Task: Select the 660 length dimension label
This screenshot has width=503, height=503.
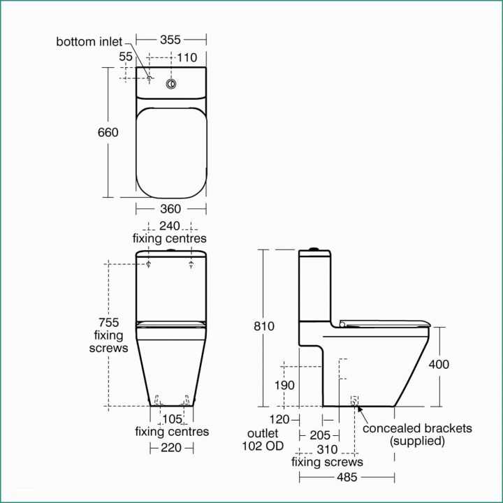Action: coord(108,132)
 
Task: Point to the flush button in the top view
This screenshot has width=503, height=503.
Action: coord(170,85)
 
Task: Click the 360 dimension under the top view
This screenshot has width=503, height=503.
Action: coord(170,208)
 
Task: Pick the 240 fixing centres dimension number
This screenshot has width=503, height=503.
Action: coord(170,226)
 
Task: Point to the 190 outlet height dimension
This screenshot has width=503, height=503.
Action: coord(284,385)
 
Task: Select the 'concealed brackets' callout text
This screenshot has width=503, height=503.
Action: coord(417,428)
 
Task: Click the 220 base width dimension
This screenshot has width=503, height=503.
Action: coord(172,448)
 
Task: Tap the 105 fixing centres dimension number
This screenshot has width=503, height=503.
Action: coord(172,418)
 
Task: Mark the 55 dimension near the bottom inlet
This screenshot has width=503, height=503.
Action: coord(126,57)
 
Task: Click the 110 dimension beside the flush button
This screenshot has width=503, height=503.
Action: coord(187,57)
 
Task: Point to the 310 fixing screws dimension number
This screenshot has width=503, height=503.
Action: coord(326,449)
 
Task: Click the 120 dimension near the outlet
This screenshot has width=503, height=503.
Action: coord(279,419)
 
